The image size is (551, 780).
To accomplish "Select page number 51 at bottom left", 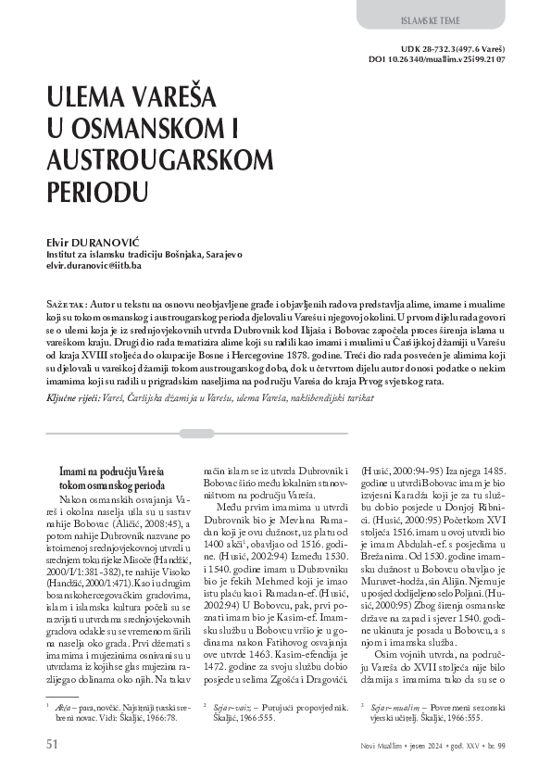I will [53, 744].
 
